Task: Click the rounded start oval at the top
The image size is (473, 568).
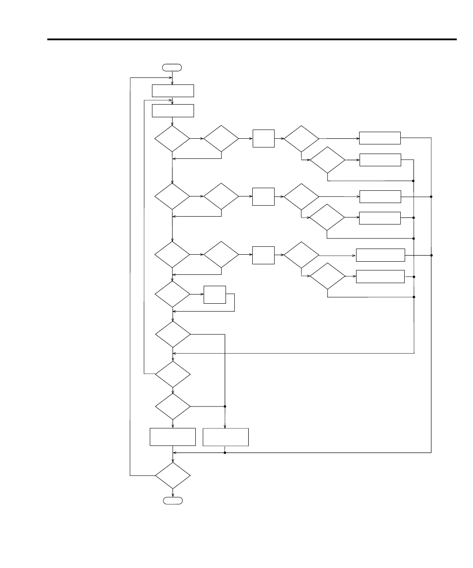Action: pyautogui.click(x=172, y=67)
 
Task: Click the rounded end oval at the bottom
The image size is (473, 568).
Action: pyautogui.click(x=173, y=501)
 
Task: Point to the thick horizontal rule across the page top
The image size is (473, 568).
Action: pyautogui.click(x=252, y=40)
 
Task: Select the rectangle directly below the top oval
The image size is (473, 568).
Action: pyautogui.click(x=173, y=91)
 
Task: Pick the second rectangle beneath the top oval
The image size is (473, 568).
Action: pyautogui.click(x=173, y=111)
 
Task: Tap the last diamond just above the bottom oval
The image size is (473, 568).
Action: pyautogui.click(x=173, y=475)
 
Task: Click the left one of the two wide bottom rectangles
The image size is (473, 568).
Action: pyautogui.click(x=173, y=437)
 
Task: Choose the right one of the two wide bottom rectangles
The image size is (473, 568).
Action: pyautogui.click(x=226, y=437)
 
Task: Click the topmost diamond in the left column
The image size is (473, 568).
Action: pyautogui.click(x=173, y=139)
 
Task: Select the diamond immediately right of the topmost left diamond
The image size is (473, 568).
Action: pyautogui.click(x=221, y=139)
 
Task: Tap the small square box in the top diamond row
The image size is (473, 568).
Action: pyautogui.click(x=263, y=138)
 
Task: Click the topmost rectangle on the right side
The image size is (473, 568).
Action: pyautogui.click(x=380, y=138)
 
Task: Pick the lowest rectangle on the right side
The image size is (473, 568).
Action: pyautogui.click(x=380, y=277)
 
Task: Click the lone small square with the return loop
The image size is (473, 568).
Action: pyautogui.click(x=215, y=295)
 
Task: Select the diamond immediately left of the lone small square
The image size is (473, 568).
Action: pyautogui.click(x=173, y=294)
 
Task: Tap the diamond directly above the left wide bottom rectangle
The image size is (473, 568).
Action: pyautogui.click(x=173, y=407)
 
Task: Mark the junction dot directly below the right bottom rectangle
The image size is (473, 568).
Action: pyautogui.click(x=225, y=452)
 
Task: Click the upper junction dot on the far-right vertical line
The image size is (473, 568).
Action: pyautogui.click(x=431, y=197)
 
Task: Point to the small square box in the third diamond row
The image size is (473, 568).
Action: pyautogui.click(x=263, y=255)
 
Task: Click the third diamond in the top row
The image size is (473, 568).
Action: pyautogui.click(x=301, y=139)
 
